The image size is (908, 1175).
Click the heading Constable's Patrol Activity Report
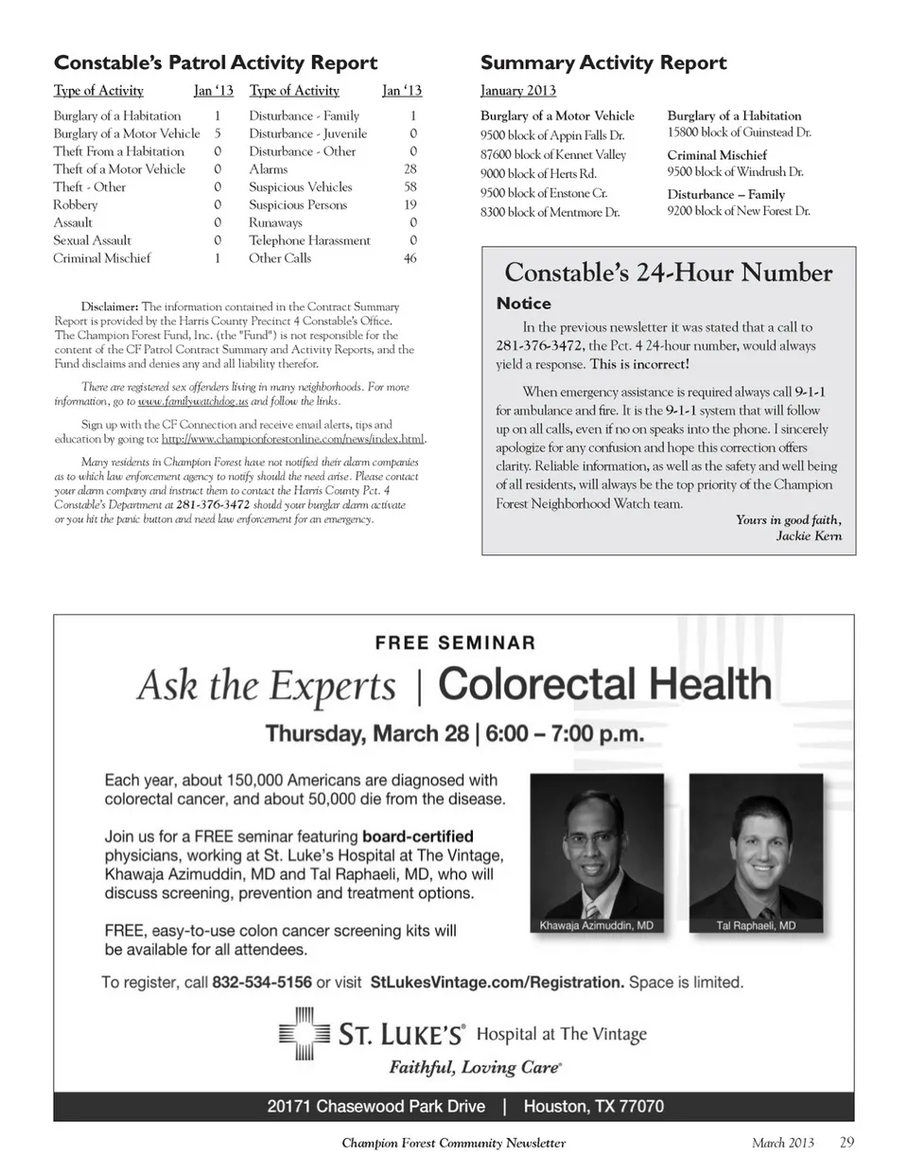216,63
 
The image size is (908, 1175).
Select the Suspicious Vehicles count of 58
410,187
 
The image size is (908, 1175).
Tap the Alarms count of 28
410,169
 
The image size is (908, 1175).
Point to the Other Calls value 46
410,258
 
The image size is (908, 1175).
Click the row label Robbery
76,205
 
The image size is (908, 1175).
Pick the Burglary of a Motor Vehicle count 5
218,134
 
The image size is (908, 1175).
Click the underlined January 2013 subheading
518,91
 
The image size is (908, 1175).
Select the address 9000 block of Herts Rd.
538,174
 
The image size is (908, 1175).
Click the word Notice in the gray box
523,304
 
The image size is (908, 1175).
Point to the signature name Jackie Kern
809,536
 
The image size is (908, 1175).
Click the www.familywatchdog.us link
193,401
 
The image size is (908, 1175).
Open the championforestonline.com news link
293,439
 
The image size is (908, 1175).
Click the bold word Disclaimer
110,307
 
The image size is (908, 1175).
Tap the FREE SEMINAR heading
455,642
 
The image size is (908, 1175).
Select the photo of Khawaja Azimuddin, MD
596,851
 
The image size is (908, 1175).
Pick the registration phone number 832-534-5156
262,982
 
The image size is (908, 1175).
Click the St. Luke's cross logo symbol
304,1036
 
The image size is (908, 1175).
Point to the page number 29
847,1143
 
